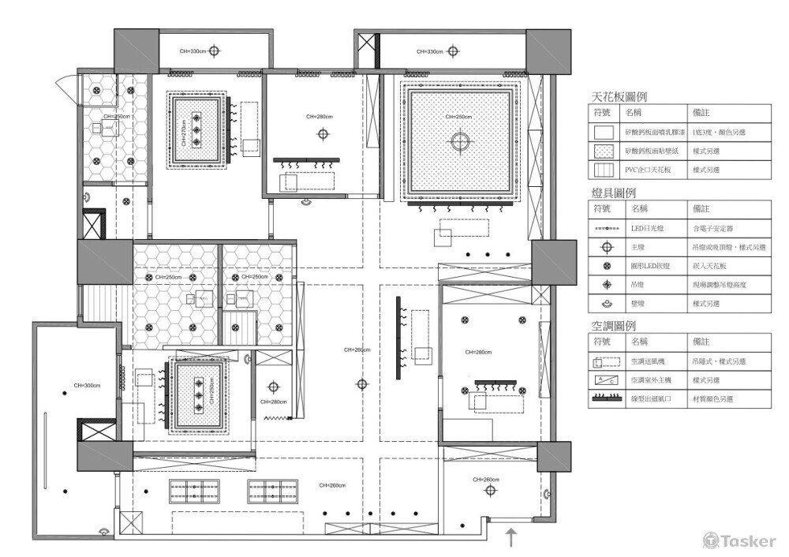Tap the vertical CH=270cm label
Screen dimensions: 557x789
point(184,133)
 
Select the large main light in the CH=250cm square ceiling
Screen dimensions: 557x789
point(460,141)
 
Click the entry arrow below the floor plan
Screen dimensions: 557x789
point(511,538)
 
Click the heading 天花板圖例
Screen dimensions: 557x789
point(619,97)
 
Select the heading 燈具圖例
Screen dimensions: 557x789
point(614,192)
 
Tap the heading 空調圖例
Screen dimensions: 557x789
point(614,325)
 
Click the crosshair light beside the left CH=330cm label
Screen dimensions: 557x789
point(215,51)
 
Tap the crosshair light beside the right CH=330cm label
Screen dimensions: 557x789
point(451,51)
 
